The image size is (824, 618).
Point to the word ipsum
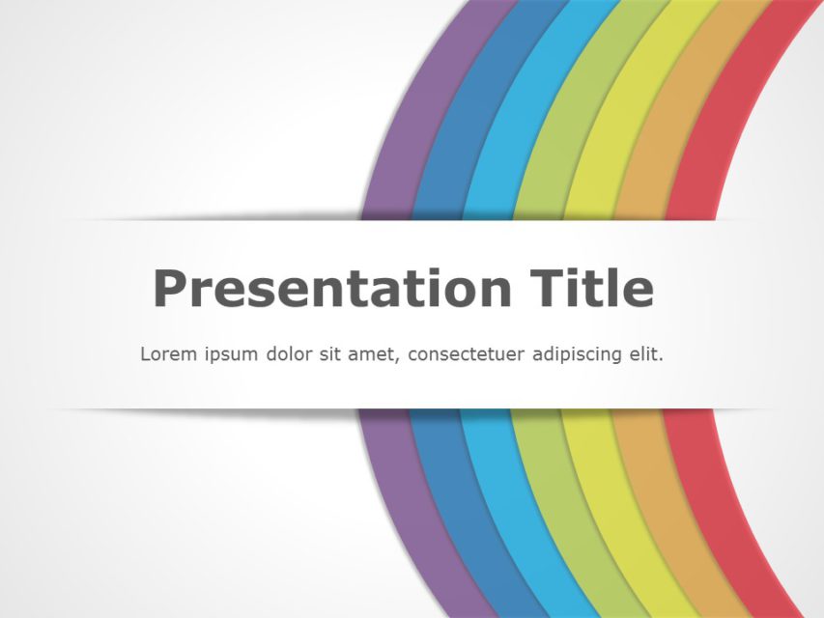point(231,354)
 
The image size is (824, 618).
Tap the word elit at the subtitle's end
point(646,353)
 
